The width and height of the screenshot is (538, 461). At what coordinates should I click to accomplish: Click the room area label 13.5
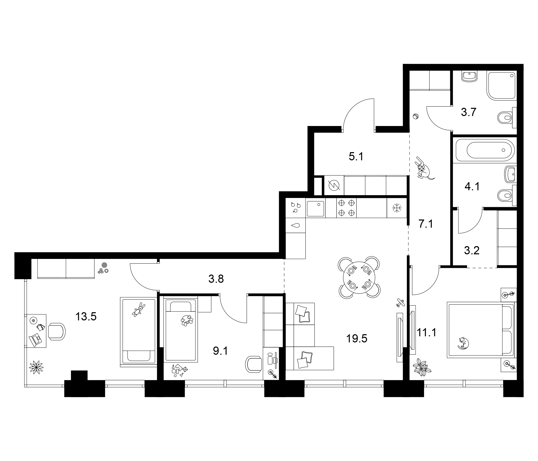coord(86,317)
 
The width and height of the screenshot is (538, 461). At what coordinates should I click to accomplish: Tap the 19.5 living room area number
coord(357,339)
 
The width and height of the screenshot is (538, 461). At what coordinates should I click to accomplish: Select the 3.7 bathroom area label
coord(468,112)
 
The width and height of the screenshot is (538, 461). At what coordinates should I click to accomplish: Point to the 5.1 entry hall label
coord(356,156)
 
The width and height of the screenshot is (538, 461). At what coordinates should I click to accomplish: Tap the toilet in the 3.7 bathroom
coord(505,118)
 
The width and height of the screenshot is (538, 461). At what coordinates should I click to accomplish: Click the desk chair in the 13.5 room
coord(57,331)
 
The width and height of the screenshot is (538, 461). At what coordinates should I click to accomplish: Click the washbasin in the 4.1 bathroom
coord(510,174)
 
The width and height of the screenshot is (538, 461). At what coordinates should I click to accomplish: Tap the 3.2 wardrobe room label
coord(472,250)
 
